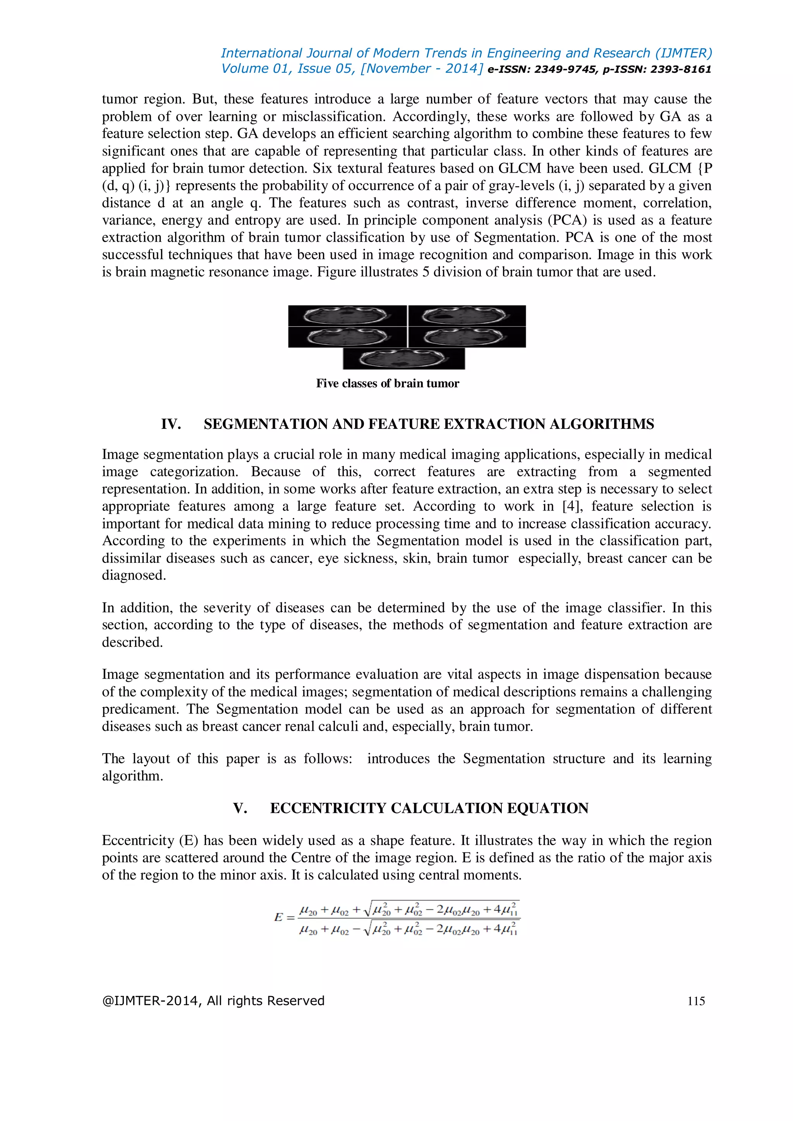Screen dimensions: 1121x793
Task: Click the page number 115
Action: click(696, 1001)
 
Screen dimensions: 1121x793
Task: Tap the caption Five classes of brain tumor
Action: click(387, 383)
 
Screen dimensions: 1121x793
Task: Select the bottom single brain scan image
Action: click(404, 359)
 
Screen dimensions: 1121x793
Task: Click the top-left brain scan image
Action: click(347, 315)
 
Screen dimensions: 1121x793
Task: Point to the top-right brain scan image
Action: click(467, 315)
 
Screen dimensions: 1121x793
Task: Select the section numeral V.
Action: click(240, 808)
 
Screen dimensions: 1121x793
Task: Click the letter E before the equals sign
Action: click(279, 917)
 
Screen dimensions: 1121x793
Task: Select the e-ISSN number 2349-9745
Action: click(566, 69)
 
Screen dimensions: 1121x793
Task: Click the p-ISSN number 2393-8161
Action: click(681, 69)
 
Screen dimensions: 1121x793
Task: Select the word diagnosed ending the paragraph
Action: click(133, 576)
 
